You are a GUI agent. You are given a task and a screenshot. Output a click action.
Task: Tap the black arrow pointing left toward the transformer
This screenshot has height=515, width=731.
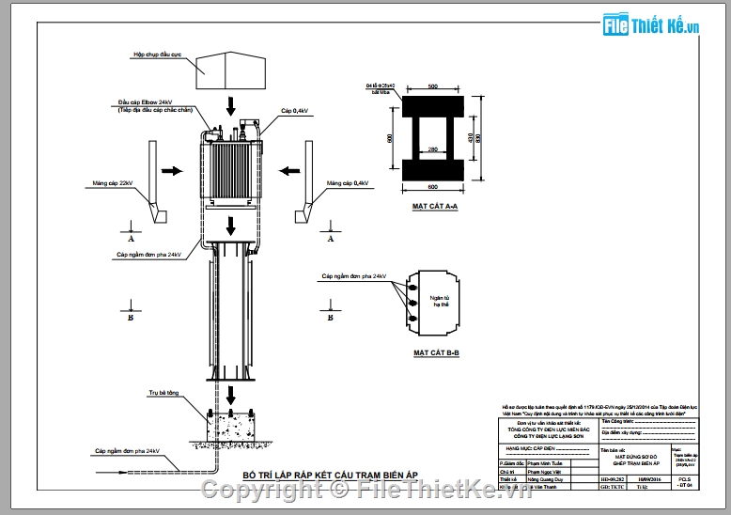tap(288, 171)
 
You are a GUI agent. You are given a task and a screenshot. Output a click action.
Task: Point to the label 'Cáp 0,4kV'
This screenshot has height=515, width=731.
tap(294, 111)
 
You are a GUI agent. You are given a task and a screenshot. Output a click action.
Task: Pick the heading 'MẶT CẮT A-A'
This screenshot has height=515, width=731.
tap(435, 204)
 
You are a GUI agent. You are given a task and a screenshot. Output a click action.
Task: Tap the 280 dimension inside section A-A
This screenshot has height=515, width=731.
tap(432, 148)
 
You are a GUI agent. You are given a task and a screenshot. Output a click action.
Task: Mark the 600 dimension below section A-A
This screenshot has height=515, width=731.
tap(433, 185)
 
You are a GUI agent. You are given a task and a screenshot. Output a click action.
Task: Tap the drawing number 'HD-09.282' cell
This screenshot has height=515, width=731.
tap(613, 479)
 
